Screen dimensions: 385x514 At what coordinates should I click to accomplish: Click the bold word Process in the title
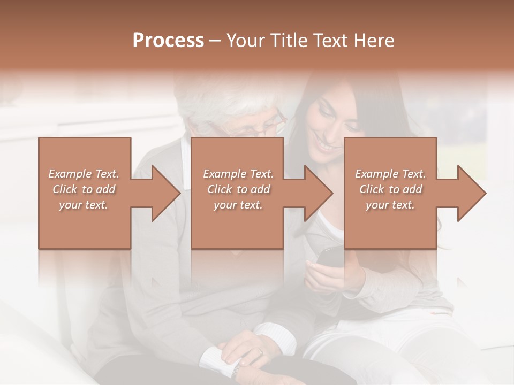point(168,41)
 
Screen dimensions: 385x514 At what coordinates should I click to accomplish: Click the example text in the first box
point(84,189)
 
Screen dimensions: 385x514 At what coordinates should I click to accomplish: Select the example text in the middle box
point(238,189)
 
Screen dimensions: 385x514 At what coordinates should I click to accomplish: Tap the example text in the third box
point(390,189)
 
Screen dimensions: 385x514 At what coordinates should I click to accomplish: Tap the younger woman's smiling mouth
point(324,144)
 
